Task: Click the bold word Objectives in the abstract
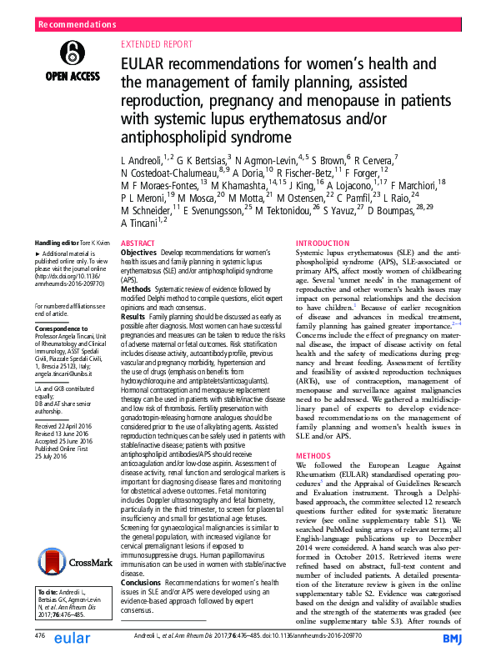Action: pos(138,251)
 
